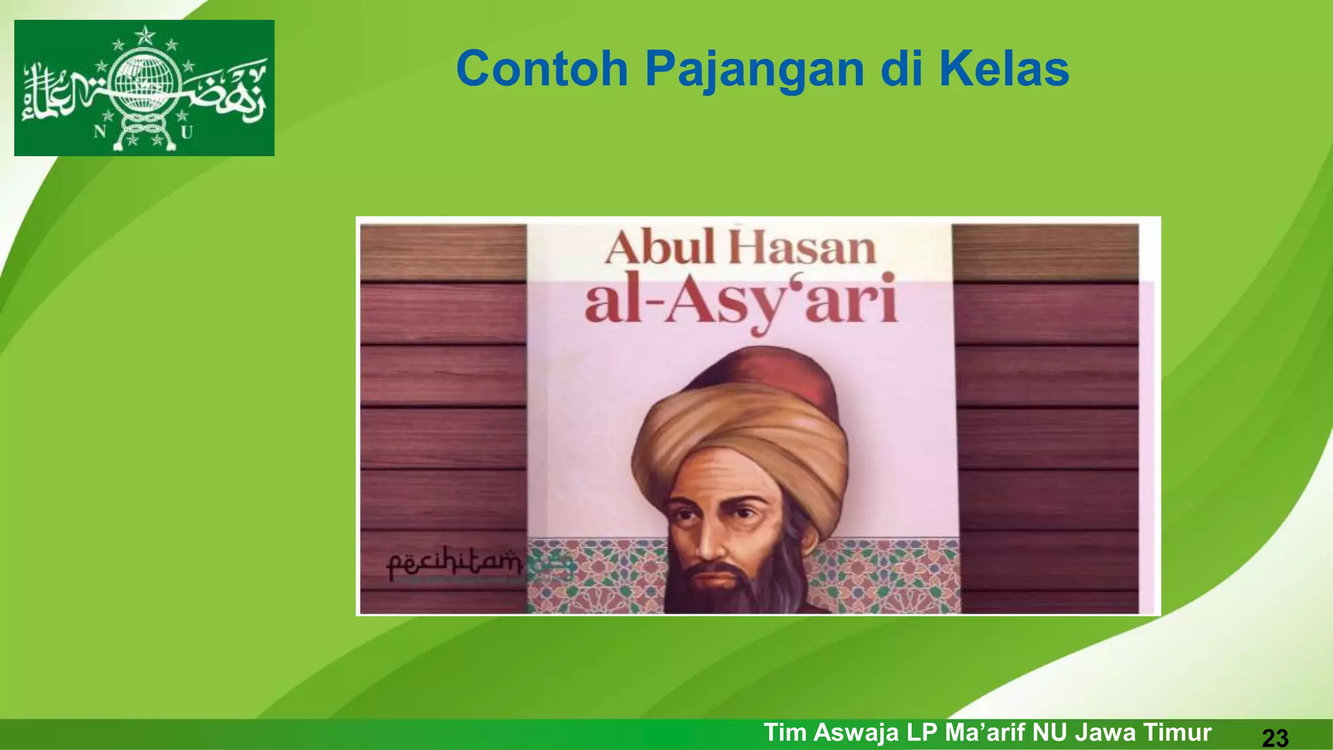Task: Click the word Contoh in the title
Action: click(x=542, y=69)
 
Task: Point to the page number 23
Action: click(x=1274, y=738)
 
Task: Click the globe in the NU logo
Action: click(x=144, y=82)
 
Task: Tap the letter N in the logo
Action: click(x=100, y=132)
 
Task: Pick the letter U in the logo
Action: click(x=187, y=133)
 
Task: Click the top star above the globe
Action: click(x=144, y=35)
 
